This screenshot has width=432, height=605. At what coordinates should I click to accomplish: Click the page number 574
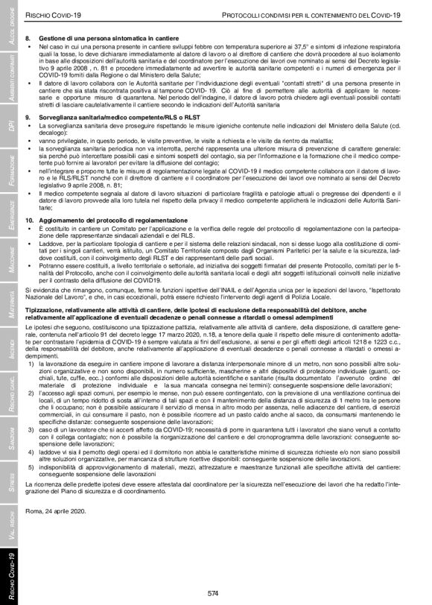point(213,592)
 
